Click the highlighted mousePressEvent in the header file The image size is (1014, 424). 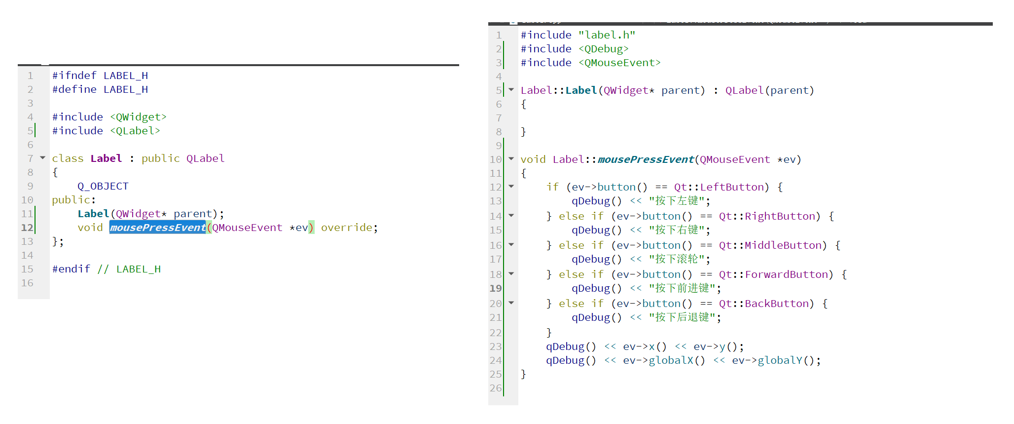click(x=157, y=228)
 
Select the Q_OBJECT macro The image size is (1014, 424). click(x=103, y=186)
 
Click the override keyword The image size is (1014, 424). click(x=346, y=228)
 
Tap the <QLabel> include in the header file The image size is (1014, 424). click(x=135, y=131)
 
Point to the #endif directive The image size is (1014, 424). click(x=71, y=269)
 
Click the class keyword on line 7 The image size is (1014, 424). click(x=68, y=158)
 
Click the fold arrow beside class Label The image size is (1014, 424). click(x=43, y=158)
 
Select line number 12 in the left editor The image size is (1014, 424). click(x=27, y=228)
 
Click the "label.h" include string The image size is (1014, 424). click(x=607, y=35)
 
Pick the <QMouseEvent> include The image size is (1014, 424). click(x=619, y=63)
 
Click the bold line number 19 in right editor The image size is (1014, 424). click(x=496, y=288)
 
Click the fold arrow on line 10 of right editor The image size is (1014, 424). click(x=511, y=159)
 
